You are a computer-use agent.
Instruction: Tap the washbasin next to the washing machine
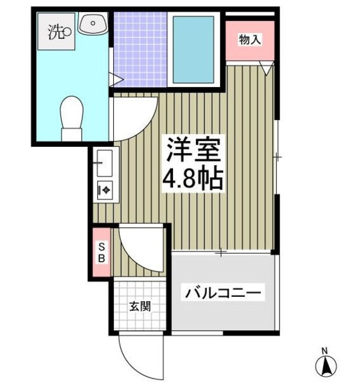[93, 25]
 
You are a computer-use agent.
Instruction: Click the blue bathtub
[194, 50]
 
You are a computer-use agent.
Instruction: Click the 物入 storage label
[250, 41]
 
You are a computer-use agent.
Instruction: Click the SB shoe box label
[102, 252]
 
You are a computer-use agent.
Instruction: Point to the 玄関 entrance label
[139, 306]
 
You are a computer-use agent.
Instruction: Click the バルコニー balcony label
[224, 294]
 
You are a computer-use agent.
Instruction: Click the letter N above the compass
[324, 351]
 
